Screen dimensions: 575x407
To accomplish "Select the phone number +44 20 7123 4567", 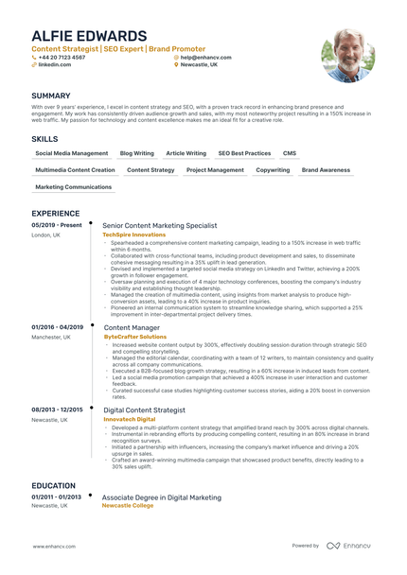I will click(62, 57).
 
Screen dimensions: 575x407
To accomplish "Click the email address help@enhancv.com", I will click(205, 57).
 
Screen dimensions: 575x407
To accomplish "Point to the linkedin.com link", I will click(54, 64).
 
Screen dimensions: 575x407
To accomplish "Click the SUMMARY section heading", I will click(51, 96).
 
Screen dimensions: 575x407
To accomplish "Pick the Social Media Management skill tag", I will click(72, 153).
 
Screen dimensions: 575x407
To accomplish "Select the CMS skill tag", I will click(290, 153).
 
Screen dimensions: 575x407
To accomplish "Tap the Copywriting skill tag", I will click(273, 170).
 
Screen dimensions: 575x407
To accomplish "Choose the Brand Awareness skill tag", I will click(326, 170).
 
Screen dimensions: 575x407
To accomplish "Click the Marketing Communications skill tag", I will click(74, 187).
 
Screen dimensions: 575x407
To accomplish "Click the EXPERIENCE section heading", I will click(57, 213).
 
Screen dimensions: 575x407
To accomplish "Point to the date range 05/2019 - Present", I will click(57, 226).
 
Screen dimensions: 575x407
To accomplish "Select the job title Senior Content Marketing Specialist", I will click(160, 226).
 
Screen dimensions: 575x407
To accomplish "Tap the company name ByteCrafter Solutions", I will click(135, 336).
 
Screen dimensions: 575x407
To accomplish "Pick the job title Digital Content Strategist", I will click(145, 409).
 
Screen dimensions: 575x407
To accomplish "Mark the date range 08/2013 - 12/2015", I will click(58, 409).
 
